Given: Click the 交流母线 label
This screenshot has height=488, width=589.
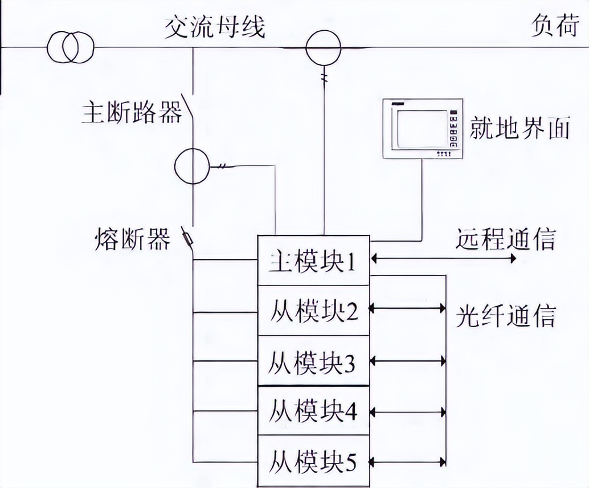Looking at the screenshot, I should click(215, 27).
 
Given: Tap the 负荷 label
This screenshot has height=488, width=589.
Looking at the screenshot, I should click(555, 26).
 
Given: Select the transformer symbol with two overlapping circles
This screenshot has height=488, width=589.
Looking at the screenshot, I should click(71, 47).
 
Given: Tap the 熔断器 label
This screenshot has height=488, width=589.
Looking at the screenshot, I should click(132, 239).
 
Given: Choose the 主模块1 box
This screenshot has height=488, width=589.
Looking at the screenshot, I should click(314, 261).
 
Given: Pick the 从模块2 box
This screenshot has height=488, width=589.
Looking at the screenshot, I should click(314, 311).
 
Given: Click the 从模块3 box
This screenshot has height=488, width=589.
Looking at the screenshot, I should click(314, 361).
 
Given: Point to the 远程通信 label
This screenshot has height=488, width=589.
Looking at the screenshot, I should click(505, 239).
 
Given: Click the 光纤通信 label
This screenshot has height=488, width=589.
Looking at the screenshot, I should click(505, 315).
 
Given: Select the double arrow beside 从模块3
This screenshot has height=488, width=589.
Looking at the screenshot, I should click(407, 361).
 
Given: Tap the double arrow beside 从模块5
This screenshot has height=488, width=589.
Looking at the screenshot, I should click(407, 460).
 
